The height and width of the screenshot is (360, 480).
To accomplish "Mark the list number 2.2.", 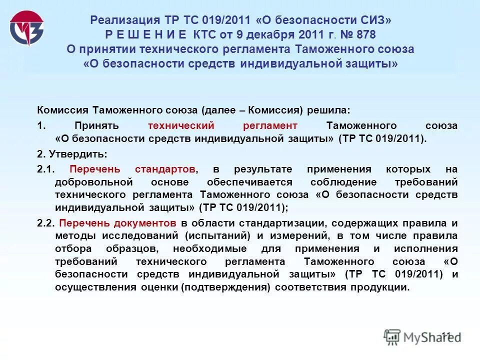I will [x=45, y=222].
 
